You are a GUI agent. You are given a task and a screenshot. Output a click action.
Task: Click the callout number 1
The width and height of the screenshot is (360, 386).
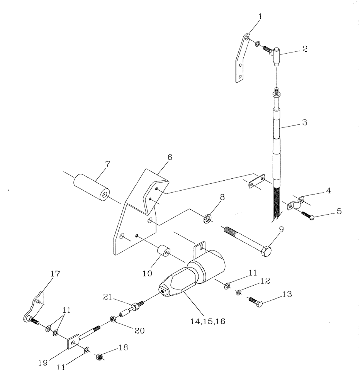click(x=260, y=17)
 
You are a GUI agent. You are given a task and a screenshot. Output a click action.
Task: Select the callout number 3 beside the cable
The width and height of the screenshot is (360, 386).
click(x=304, y=122)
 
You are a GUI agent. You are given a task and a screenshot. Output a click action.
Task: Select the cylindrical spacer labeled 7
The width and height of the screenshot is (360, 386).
click(x=91, y=187)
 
